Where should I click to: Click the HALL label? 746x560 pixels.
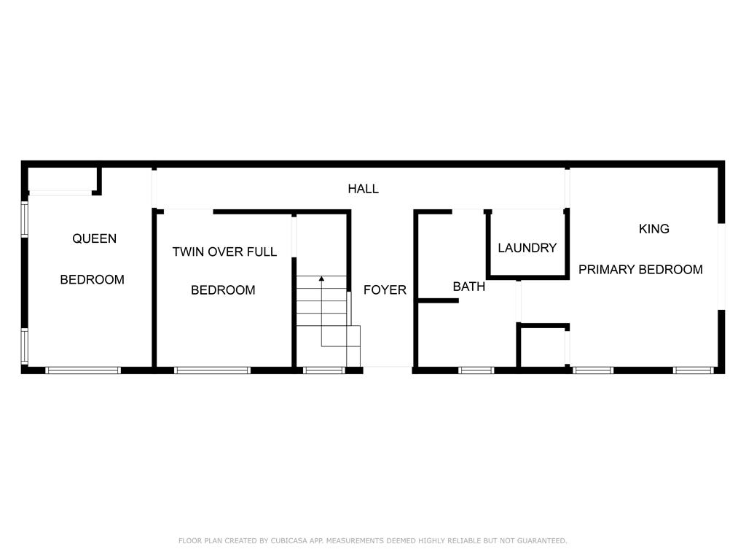pos(363,189)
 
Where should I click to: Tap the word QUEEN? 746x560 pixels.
pos(94,238)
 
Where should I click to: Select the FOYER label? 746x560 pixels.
pos(385,290)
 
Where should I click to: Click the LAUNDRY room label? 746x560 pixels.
pos(527,248)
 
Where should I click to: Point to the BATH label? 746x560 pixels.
pos(468,287)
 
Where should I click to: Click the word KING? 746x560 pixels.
pos(654,229)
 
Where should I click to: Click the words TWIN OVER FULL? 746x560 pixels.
pos(224,252)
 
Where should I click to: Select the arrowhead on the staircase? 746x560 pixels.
pos(321,279)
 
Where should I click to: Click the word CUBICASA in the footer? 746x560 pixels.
pos(288,541)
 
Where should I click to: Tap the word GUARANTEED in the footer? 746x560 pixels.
pos(542,541)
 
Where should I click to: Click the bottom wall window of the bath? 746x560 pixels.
pos(476,370)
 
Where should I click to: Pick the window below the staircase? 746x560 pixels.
pos(324,370)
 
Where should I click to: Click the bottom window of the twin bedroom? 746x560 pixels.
pos(212,370)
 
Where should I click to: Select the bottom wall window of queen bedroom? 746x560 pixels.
pos(83,370)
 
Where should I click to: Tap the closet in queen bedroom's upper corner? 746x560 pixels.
pos(63,179)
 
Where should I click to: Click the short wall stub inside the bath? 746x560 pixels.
pos(438,300)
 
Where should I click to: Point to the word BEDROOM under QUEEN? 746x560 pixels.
pos(93,279)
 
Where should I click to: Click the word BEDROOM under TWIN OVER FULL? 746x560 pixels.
pos(223,290)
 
